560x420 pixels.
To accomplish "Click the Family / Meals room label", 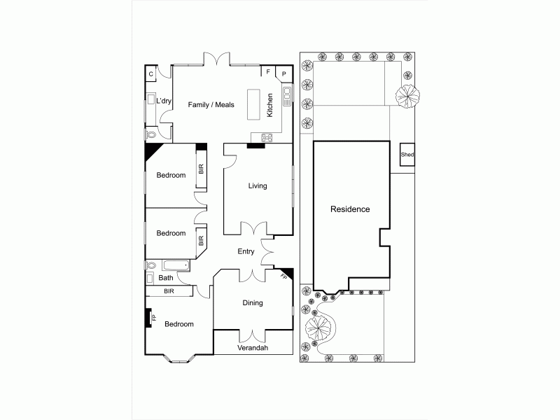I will (x=211, y=105).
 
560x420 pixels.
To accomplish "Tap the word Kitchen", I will (x=269, y=104).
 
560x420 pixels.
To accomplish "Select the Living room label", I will (x=258, y=186).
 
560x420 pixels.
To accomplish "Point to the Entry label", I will (x=246, y=252).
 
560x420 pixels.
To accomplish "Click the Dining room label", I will (x=252, y=303).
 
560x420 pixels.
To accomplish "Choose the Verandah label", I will (x=252, y=349).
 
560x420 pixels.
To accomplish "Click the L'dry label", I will (x=164, y=101).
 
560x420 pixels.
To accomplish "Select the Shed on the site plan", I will (x=407, y=155).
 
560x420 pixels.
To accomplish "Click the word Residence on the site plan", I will (x=350, y=209).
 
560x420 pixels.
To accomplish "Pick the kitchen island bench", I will (x=253, y=105).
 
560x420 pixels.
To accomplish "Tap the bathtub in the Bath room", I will (x=175, y=265).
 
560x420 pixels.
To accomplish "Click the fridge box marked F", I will (x=268, y=71).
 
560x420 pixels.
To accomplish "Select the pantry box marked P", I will (x=284, y=73).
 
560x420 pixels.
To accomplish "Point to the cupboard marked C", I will (x=150, y=72).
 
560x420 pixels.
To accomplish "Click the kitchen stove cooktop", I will (x=267, y=137).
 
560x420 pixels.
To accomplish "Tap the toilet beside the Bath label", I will (x=150, y=265).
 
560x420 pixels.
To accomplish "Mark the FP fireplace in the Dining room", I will (x=284, y=276).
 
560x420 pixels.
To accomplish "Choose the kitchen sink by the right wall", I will (x=286, y=95).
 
